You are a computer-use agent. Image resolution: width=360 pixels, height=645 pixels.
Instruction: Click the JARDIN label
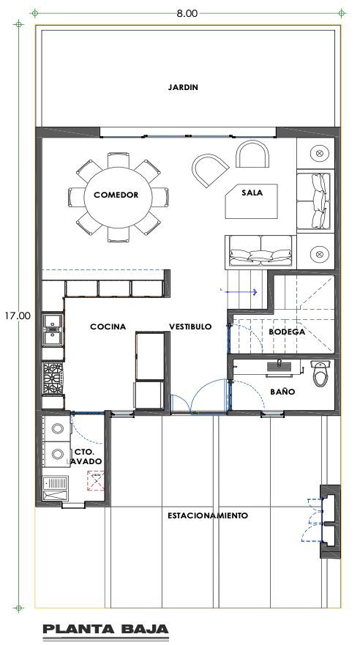[183, 87]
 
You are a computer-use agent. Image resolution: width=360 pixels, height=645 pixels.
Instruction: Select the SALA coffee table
[251, 201]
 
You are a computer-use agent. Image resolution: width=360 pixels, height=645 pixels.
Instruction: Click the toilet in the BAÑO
[320, 373]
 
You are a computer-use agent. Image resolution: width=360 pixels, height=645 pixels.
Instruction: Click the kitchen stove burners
[53, 379]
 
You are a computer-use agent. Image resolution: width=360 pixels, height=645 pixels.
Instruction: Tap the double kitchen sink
[53, 329]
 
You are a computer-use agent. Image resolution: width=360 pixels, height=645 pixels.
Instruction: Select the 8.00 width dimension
[187, 13]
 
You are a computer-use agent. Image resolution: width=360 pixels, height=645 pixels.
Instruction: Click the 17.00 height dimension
[18, 316]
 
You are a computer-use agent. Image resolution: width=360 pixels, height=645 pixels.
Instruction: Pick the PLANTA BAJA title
[105, 629]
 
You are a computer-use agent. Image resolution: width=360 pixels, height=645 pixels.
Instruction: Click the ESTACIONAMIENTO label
[208, 515]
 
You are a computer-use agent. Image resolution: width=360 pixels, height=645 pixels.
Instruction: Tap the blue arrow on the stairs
[239, 292]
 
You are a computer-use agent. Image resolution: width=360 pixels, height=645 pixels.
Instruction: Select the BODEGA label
[287, 332]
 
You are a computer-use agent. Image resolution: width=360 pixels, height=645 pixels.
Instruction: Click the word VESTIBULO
[190, 327]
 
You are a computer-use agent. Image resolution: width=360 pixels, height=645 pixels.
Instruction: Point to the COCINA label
[108, 327]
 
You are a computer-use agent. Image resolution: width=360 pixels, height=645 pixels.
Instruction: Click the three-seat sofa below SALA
[260, 253]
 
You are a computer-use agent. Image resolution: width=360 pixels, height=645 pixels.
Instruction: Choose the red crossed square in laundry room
[96, 481]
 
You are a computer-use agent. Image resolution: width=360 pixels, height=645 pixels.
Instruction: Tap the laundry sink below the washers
[56, 488]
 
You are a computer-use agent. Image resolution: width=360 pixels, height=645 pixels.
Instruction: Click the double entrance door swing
[199, 397]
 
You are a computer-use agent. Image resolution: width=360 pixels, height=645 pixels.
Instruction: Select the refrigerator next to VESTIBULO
[150, 357]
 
